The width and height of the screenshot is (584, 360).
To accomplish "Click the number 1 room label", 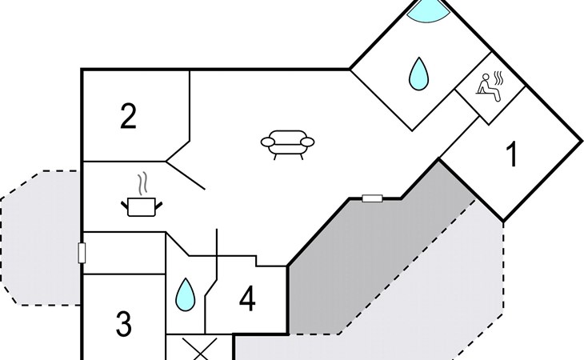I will (512, 155).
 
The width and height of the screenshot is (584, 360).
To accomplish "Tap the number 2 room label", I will (128, 117).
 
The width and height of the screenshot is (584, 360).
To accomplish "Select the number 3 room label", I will (123, 325).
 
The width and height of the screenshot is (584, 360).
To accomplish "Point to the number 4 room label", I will (247, 300).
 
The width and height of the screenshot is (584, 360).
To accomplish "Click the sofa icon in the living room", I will (287, 143).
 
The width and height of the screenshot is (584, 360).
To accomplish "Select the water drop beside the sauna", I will (418, 74).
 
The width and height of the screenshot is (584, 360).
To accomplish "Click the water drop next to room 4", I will (186, 294).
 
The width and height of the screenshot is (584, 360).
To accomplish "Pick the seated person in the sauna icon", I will (485, 87).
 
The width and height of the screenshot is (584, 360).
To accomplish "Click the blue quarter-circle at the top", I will (427, 11).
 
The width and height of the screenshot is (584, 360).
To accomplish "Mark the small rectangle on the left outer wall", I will (82, 254).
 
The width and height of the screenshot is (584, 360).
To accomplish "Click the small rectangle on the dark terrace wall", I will (372, 198).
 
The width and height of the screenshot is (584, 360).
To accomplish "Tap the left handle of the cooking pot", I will (125, 206).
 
